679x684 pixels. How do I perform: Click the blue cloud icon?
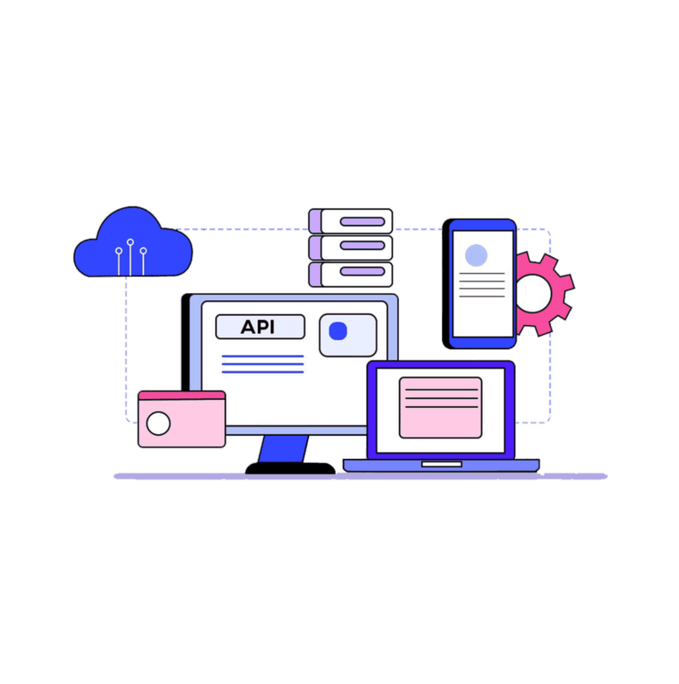point(132,246)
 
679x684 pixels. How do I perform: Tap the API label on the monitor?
point(260,327)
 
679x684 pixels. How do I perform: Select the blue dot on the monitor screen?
point(338,331)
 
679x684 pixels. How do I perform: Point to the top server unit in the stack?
point(351,221)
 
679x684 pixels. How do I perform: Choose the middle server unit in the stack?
point(351,246)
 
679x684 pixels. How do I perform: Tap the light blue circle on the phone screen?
point(476,255)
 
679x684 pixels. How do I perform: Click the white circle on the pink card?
point(158,424)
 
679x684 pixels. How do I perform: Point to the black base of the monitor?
point(289,468)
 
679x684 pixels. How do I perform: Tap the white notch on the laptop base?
point(441,464)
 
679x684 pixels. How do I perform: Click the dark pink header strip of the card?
point(182,395)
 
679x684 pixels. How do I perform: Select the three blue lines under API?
point(262,364)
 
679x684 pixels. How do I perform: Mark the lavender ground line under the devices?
point(360,477)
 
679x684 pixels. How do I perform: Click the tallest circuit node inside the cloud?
point(130,242)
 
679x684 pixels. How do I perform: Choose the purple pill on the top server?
point(362,221)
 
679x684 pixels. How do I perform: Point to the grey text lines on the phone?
point(482,285)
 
